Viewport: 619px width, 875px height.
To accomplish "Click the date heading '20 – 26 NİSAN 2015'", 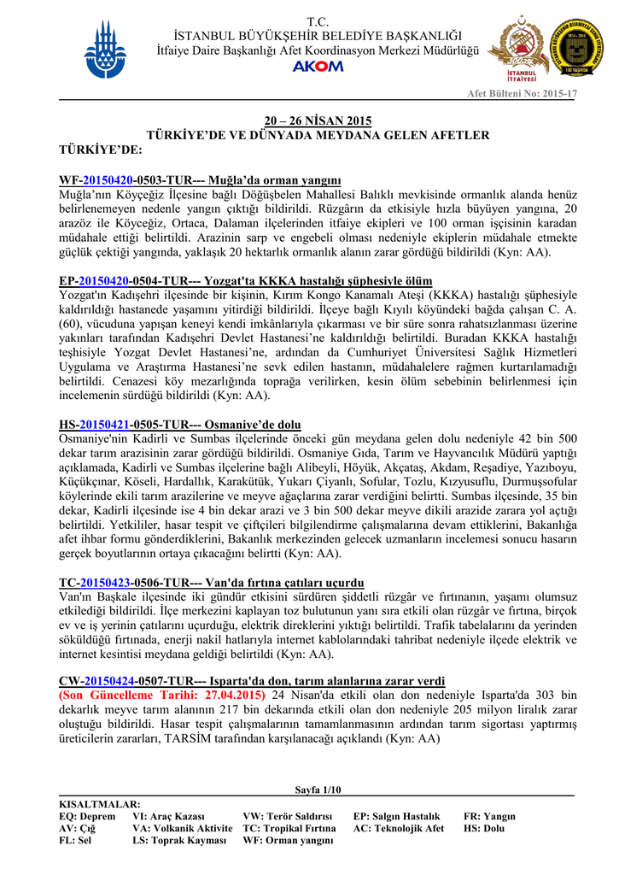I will coord(318,120).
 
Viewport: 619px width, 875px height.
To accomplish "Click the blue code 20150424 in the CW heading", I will coord(108,681).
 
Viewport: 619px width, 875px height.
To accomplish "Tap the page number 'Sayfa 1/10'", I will coord(317,789).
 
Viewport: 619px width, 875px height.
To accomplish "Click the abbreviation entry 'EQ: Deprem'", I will coord(87,816).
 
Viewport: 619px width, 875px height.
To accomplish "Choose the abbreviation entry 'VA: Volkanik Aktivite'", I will coord(182,828).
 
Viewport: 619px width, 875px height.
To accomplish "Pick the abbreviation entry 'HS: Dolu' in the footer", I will coord(483,828).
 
